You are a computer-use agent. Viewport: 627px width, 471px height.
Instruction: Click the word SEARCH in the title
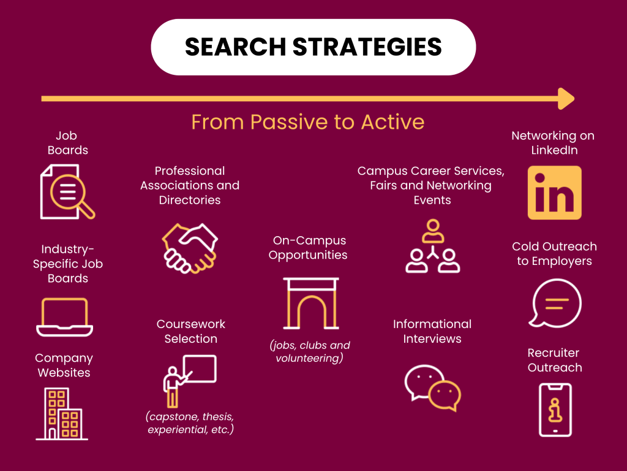pos(236,47)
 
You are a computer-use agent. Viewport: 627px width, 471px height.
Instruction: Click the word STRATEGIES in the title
pos(367,47)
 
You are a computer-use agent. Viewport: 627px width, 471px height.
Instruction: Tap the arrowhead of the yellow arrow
pos(566,99)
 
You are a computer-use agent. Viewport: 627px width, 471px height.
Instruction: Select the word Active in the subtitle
pos(392,122)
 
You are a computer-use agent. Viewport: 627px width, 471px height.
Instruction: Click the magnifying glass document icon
pos(67,192)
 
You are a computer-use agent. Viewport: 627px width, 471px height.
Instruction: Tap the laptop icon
pos(65,317)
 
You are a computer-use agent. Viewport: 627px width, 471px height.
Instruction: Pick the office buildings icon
pos(62,414)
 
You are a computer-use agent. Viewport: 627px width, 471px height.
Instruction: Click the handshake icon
pos(190,248)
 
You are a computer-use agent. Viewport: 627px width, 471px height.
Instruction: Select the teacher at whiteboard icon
pos(190,381)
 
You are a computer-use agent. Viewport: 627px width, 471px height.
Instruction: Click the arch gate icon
pos(310,303)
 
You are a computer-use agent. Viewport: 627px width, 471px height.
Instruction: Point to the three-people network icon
pos(433,246)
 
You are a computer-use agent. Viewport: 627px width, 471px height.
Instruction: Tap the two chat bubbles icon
pos(433,388)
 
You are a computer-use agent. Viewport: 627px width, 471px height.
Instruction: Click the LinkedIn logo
pos(555,193)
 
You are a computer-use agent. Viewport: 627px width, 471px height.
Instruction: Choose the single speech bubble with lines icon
pos(555,303)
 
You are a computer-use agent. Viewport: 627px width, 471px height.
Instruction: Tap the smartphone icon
pos(555,410)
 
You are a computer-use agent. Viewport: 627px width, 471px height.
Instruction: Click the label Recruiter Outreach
pos(555,360)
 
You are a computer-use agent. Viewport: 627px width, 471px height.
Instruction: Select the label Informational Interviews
pos(432,331)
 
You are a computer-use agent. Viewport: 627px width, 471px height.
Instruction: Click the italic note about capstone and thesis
pos(190,423)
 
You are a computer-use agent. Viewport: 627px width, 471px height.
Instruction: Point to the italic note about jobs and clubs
pos(310,351)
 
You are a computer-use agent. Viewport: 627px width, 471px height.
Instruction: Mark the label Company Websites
pos(64,365)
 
